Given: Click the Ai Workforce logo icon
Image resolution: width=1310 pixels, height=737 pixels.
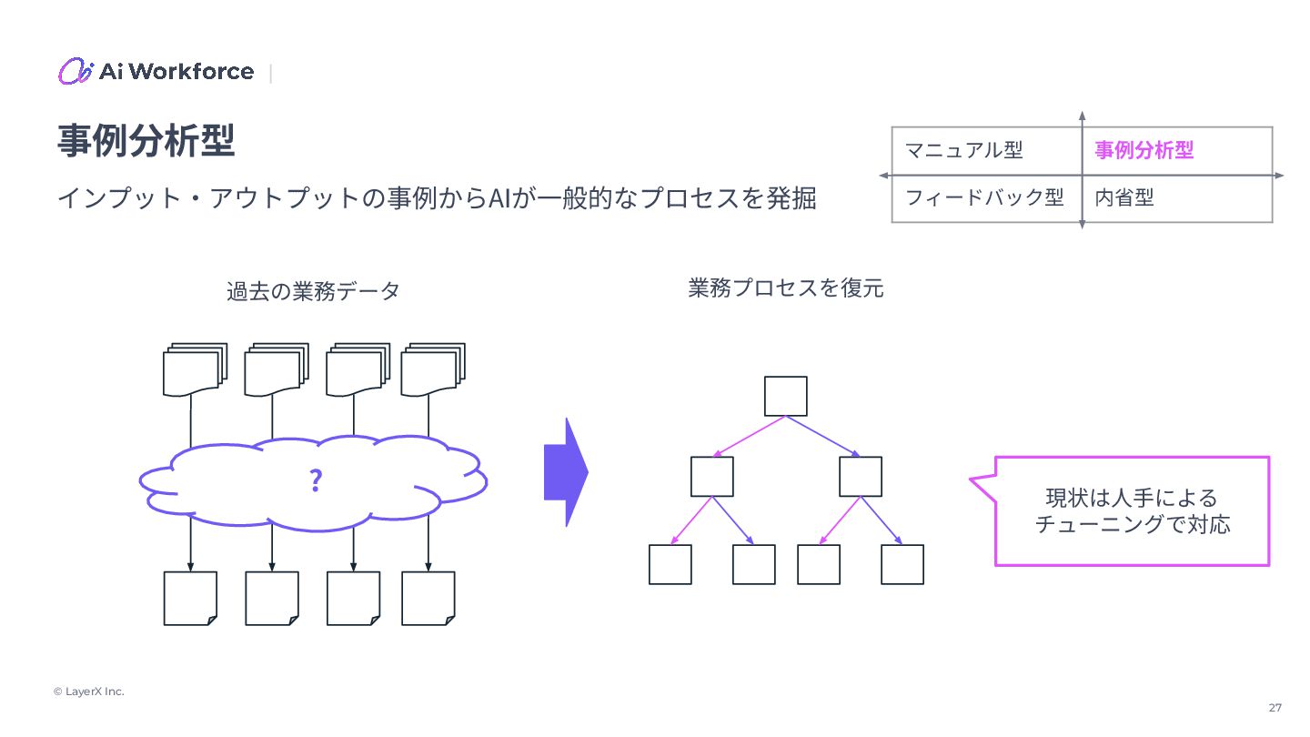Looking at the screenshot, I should point(76,71).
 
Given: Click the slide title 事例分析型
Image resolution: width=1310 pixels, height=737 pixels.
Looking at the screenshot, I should point(146,141).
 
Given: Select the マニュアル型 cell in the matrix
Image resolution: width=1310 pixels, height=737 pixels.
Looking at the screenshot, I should point(964,150).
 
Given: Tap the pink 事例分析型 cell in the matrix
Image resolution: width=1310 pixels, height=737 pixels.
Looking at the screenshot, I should point(1144,150).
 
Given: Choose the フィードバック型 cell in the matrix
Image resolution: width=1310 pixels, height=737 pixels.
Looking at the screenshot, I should point(985,197).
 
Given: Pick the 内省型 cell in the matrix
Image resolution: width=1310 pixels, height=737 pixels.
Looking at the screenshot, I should point(1124,197).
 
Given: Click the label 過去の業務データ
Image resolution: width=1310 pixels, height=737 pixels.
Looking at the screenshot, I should point(313,291).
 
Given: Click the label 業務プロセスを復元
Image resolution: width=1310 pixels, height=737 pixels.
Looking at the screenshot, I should point(786,288).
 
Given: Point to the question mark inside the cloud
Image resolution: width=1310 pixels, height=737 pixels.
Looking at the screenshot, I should point(315,480).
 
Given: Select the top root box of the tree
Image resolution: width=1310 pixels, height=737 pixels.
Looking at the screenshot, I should point(786,396).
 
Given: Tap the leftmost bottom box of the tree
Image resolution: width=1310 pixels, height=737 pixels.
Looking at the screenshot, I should point(670,564).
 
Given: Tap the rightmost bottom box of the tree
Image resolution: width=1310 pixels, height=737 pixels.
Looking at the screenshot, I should point(902,564).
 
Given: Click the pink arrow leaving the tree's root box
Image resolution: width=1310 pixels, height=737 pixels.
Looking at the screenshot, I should point(749,437).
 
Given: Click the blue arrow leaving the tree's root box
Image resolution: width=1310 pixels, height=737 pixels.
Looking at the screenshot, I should point(823,437).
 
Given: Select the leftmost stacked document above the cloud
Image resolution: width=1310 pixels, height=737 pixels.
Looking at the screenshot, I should point(193,370).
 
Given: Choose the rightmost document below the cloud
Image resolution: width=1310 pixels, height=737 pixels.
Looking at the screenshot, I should point(428,598).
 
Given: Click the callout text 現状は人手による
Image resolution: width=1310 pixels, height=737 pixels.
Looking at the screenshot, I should point(1131,499).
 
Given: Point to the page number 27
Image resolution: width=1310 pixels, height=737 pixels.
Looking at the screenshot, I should point(1275,708).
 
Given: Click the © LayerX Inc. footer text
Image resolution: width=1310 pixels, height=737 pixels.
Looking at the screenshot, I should point(88,692).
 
